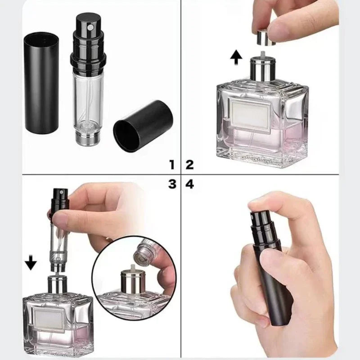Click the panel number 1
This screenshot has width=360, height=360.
click(171, 164)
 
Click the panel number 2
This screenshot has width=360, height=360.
click(189, 164)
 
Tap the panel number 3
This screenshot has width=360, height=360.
click(171, 184)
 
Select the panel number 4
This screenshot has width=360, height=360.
click(189, 184)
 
